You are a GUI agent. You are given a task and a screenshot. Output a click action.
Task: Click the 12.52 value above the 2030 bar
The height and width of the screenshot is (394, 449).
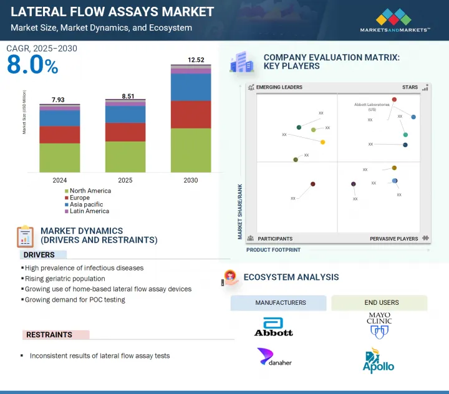click(x=191, y=60)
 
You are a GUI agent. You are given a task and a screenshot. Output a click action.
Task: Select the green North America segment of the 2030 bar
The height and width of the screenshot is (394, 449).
click(x=191, y=150)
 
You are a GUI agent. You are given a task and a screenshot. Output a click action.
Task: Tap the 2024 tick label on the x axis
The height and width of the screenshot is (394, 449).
click(x=59, y=180)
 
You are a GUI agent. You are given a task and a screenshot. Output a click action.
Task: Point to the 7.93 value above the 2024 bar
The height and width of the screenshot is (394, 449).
click(x=59, y=100)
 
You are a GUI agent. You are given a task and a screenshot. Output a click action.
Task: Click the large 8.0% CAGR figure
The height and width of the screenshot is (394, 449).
click(x=32, y=65)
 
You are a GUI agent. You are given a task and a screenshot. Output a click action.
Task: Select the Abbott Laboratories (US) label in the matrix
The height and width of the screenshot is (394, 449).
click(x=372, y=105)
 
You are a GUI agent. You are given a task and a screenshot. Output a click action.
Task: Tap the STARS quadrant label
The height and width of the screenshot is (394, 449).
click(x=410, y=88)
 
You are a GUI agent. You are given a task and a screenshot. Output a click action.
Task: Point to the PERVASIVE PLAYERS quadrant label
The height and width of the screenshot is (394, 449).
click(x=393, y=239)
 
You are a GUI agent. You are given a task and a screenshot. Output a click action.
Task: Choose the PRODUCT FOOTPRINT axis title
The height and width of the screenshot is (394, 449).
click(x=273, y=250)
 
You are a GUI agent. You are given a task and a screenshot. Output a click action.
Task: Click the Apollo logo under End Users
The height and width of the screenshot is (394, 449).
click(x=379, y=361)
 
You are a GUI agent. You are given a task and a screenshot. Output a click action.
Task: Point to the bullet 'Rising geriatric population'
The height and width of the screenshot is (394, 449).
click(x=65, y=279)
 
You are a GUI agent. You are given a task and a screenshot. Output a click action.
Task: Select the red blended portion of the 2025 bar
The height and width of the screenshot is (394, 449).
click(x=125, y=132)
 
